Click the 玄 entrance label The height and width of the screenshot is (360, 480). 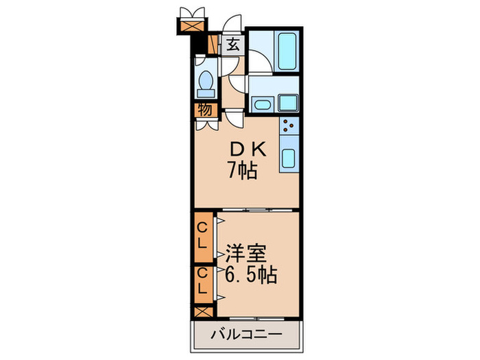(x=233, y=46)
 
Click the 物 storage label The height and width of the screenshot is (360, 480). (x=205, y=110)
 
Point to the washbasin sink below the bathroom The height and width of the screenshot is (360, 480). (x=261, y=105)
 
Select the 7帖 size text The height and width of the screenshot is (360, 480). (x=242, y=169)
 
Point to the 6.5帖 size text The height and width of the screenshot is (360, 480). (x=250, y=276)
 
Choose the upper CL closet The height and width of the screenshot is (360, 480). (x=204, y=235)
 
